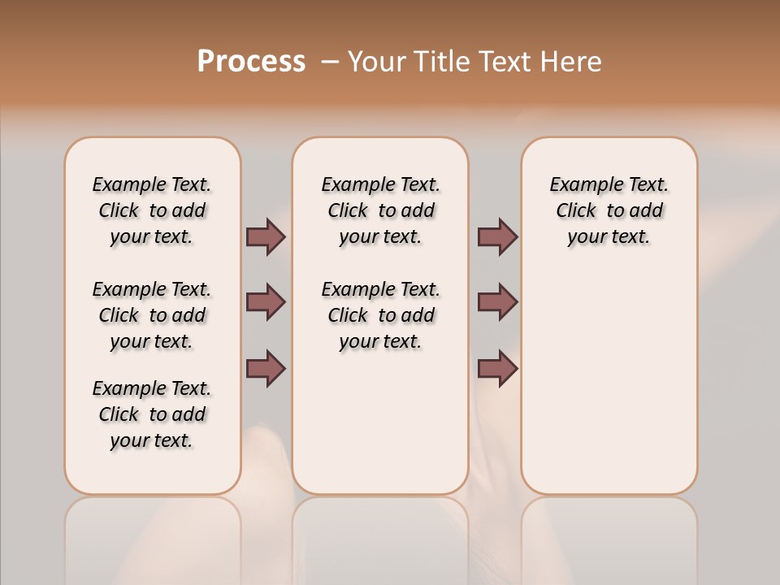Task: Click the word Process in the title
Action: point(251,62)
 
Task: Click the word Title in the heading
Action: point(442,62)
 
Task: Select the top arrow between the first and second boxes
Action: point(266,236)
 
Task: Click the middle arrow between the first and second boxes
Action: point(266,302)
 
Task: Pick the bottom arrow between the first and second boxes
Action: point(266,368)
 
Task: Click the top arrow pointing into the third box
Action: point(497,236)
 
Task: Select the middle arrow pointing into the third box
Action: point(497,302)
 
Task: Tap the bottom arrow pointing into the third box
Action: point(497,368)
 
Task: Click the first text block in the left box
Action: point(152,210)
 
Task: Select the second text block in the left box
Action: point(152,315)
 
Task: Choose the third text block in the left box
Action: point(152,414)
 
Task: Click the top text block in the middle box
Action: point(380,210)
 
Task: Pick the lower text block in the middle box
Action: point(380,315)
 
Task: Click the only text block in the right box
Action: point(609,210)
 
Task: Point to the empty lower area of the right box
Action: point(609,382)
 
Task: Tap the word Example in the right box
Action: point(579,185)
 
